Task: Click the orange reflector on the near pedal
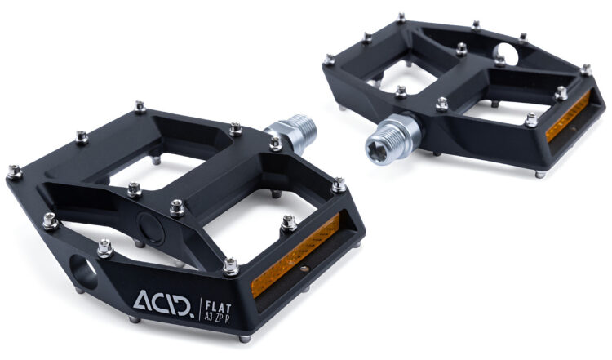point(295,255)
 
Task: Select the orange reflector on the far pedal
point(568,116)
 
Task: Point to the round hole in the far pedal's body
point(507,54)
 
